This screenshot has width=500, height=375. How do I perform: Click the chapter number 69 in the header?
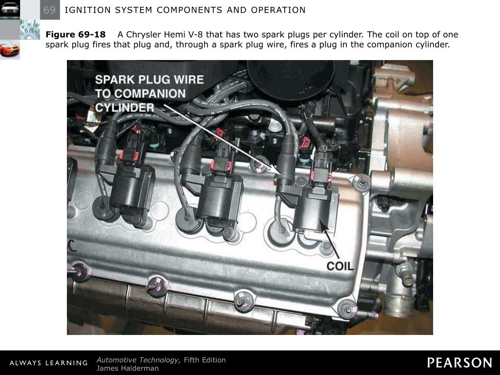click(x=49, y=10)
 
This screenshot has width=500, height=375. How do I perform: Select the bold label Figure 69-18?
click(x=76, y=35)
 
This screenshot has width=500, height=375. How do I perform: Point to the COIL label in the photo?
click(x=340, y=266)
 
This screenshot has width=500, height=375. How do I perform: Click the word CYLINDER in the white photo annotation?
click(x=125, y=108)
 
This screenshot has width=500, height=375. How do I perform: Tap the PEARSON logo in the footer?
click(x=459, y=363)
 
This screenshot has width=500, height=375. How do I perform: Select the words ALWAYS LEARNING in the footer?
click(x=48, y=363)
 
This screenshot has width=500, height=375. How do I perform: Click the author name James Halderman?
click(x=127, y=368)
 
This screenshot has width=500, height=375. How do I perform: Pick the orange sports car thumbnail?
click(x=10, y=50)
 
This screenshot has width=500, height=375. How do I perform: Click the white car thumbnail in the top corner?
click(x=10, y=9)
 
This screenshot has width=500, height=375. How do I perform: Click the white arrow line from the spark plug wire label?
click(x=223, y=139)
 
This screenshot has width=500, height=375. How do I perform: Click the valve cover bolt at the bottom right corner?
click(x=347, y=309)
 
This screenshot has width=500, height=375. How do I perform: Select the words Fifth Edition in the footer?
click(x=205, y=360)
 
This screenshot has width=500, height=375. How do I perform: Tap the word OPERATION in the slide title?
click(x=278, y=10)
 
